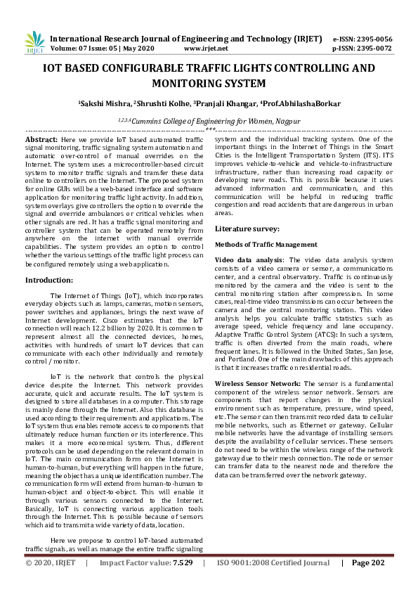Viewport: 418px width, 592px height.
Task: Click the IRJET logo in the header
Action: (x=34, y=43)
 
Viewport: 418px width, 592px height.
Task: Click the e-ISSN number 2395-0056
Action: (x=377, y=39)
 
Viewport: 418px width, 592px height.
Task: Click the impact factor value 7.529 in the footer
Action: (x=183, y=563)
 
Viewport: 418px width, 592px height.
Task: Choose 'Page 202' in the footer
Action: (x=369, y=563)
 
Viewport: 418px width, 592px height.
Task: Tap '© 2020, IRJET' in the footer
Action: (x=49, y=563)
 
